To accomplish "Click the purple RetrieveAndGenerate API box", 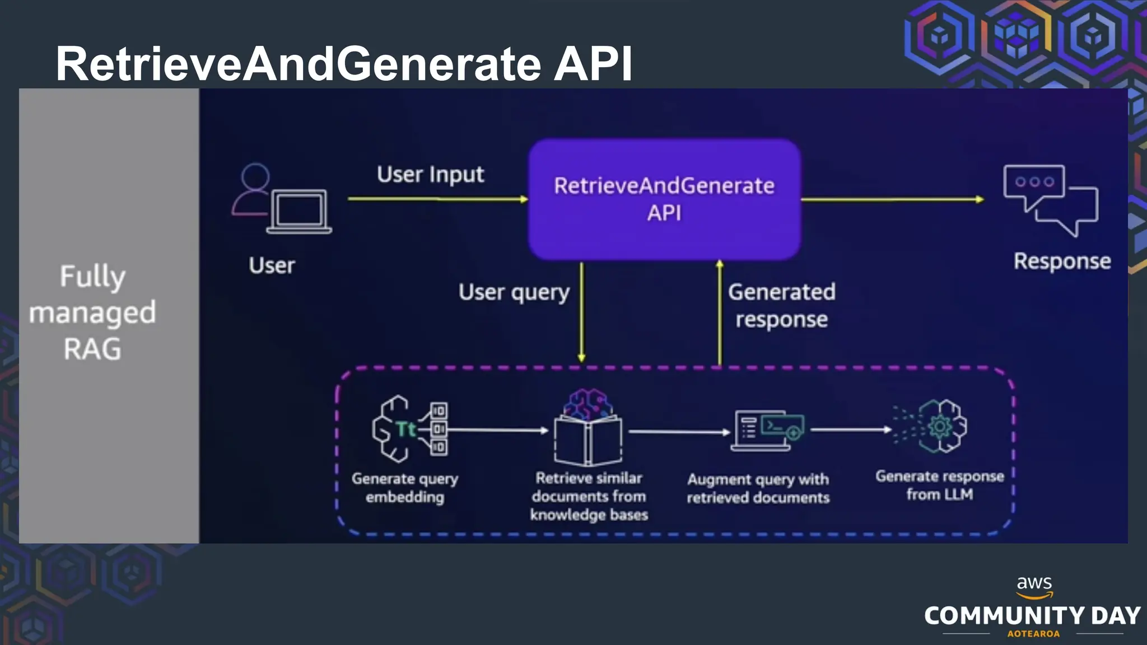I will tap(664, 199).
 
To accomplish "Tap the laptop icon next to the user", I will tap(299, 212).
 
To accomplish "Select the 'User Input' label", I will tap(430, 175).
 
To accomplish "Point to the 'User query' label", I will tap(514, 292).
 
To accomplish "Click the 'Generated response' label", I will tap(781, 305).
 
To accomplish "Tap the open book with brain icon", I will tap(588, 429).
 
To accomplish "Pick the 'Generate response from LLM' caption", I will tap(939, 485).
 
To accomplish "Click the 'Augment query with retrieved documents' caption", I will tap(758, 488).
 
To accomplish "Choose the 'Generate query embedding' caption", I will tap(404, 488).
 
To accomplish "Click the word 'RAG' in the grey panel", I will tap(92, 349).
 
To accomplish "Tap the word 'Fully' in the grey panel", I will tap(92, 276).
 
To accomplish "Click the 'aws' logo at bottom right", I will tap(1034, 585).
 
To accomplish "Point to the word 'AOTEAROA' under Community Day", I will tap(1033, 634).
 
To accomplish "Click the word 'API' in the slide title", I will tap(593, 63).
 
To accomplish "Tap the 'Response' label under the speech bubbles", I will tap(1062, 261).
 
